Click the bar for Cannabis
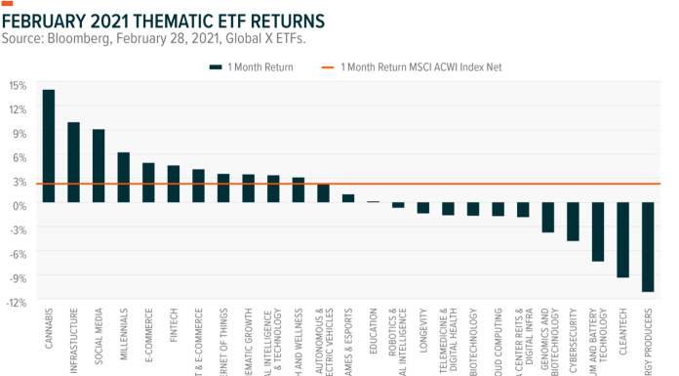point(49,146)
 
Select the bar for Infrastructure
point(73,162)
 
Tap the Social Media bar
point(99,166)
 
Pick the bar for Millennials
point(124,177)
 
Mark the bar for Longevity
point(422,208)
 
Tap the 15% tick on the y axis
point(17,85)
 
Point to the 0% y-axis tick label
point(19,204)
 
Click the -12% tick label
point(17,301)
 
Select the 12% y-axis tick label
point(17,108)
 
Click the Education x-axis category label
point(373,326)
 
